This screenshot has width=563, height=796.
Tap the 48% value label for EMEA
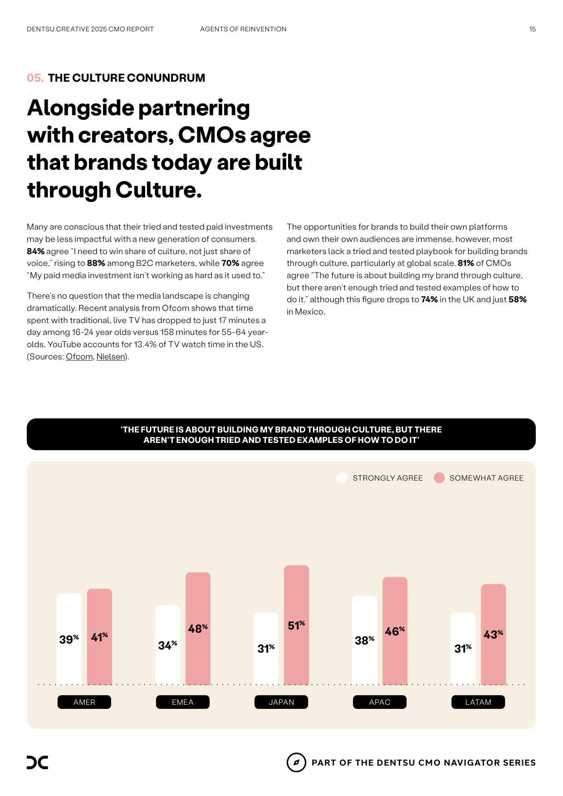click(198, 629)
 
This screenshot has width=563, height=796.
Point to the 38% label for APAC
click(364, 640)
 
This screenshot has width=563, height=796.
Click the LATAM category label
click(478, 702)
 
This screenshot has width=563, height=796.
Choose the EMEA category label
click(182, 702)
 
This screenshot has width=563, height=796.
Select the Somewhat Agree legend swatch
click(439, 478)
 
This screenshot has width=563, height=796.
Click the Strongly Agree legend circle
click(342, 478)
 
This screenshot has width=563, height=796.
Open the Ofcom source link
click(79, 357)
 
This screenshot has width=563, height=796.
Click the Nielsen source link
click(111, 357)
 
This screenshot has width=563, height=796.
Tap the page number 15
click(532, 29)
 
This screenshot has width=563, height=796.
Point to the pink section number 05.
click(35, 78)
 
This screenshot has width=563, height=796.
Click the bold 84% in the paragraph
click(35, 251)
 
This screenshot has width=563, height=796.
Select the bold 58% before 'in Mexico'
click(517, 300)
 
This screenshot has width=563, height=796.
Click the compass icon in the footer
click(296, 762)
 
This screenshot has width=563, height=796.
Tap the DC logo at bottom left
click(37, 762)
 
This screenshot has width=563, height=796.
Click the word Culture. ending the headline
click(158, 190)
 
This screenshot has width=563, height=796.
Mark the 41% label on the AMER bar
click(99, 637)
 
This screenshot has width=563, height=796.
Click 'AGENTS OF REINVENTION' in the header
click(243, 29)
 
